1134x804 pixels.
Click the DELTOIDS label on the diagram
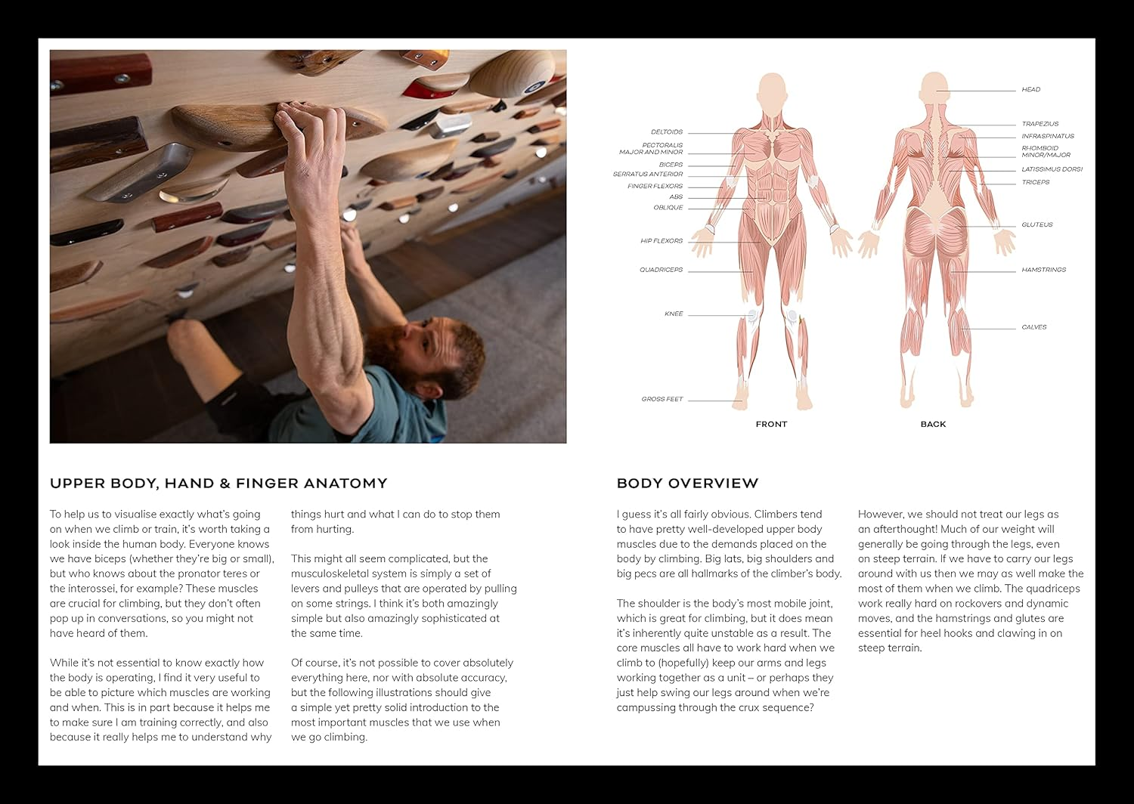(x=666, y=132)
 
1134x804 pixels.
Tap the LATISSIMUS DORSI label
(x=1052, y=169)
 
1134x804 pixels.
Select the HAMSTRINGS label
(x=1043, y=270)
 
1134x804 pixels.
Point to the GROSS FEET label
(x=661, y=399)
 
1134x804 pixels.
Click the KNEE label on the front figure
(x=673, y=314)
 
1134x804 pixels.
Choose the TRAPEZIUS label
(x=1039, y=124)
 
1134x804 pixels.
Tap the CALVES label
(x=1033, y=327)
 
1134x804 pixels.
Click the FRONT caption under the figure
(x=771, y=424)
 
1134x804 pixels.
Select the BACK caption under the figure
(x=933, y=424)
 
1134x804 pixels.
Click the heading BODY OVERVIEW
(x=687, y=484)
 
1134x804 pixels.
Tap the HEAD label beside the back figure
(x=1030, y=90)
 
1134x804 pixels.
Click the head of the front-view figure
(x=771, y=89)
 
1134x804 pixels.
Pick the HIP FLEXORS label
(x=661, y=241)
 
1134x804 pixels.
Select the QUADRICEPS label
(x=661, y=270)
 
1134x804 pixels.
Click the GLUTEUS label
(x=1036, y=225)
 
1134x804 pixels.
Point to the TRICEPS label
(x=1035, y=182)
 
